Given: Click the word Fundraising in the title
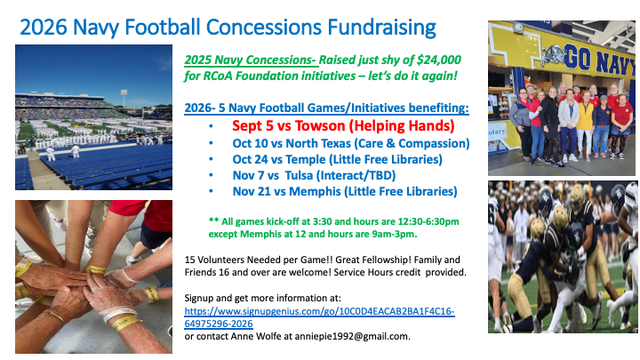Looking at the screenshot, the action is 381,28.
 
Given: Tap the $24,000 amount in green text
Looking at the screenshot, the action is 439,60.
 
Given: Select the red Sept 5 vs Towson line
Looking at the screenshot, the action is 343,125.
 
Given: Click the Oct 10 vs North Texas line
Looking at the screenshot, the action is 351,144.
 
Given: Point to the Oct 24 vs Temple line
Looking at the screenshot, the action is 338,159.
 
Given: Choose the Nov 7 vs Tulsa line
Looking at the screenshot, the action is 315,175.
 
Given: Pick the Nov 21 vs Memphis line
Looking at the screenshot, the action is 345,191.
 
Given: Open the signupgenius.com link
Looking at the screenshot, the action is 320,317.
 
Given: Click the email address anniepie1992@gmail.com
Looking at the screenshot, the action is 352,336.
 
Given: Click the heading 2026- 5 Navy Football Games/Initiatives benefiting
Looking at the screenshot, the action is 326,108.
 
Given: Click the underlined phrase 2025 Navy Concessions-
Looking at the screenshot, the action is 251,60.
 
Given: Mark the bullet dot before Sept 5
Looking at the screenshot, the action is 211,126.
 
